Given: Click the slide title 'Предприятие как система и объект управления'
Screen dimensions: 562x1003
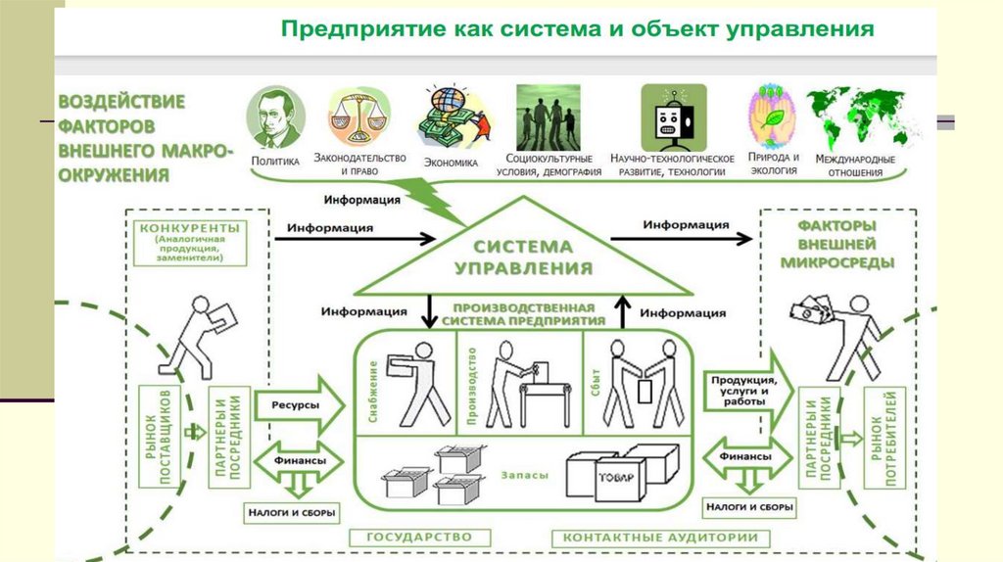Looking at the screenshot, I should click(578, 29).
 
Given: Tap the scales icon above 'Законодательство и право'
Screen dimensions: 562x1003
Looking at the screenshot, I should click(358, 117).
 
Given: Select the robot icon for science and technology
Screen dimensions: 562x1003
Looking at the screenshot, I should click(672, 117).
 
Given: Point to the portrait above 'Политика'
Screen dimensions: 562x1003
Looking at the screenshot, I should click(276, 117).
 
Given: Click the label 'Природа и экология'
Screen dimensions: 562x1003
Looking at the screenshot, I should click(773, 163).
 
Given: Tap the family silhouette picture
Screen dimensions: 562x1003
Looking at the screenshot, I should click(548, 117).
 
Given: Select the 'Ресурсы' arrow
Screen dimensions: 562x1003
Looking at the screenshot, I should click(298, 402).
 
